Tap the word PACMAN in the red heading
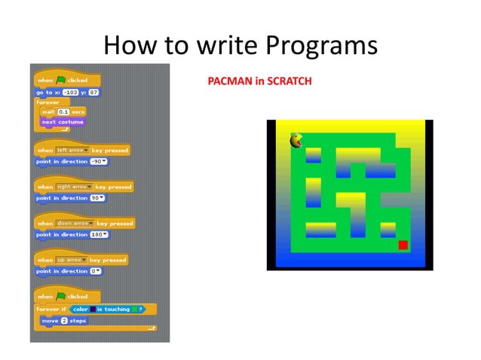click(230, 81)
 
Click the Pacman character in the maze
click(296, 140)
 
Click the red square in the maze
click(403, 245)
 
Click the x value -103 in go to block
click(71, 92)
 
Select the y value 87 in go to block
click(93, 92)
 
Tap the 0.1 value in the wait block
click(63, 111)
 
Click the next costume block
click(63, 121)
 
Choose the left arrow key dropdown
click(73, 150)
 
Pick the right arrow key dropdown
click(75, 187)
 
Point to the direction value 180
click(98, 234)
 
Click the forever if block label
click(51, 309)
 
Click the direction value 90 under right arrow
click(97, 198)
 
